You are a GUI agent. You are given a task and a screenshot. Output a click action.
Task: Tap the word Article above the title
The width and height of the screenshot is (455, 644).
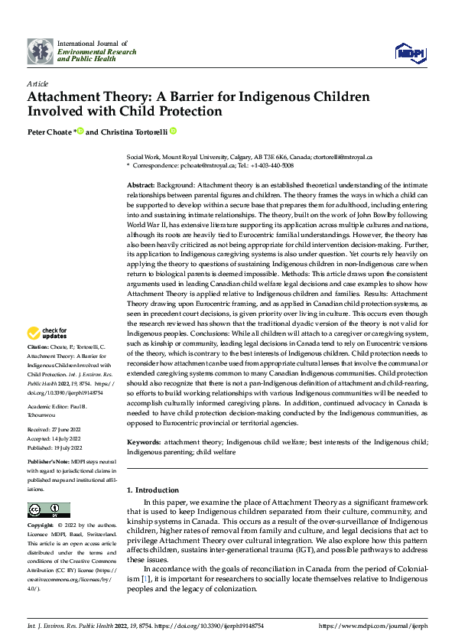[37, 83]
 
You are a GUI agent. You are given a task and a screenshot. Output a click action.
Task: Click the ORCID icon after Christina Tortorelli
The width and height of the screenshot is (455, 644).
[173, 132]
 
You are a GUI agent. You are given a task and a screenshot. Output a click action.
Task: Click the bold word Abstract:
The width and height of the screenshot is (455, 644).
[141, 186]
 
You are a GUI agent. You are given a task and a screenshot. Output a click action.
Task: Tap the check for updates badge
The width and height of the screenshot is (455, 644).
[47, 333]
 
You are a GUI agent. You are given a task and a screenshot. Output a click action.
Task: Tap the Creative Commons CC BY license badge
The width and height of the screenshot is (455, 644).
[48, 510]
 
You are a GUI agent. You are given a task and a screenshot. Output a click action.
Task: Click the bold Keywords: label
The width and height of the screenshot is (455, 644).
[144, 443]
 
